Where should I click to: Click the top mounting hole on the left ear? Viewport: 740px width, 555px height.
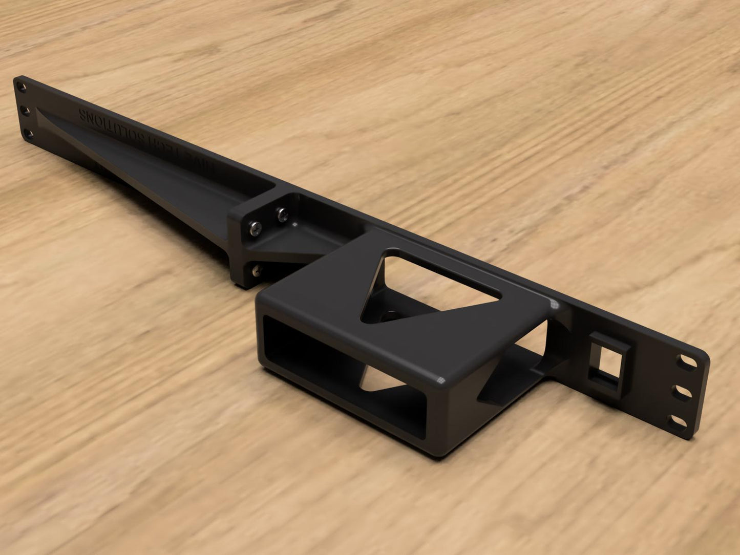point(22,88)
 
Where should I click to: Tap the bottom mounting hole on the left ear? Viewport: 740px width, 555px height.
point(29,134)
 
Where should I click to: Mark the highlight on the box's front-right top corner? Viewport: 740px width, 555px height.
point(440,380)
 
